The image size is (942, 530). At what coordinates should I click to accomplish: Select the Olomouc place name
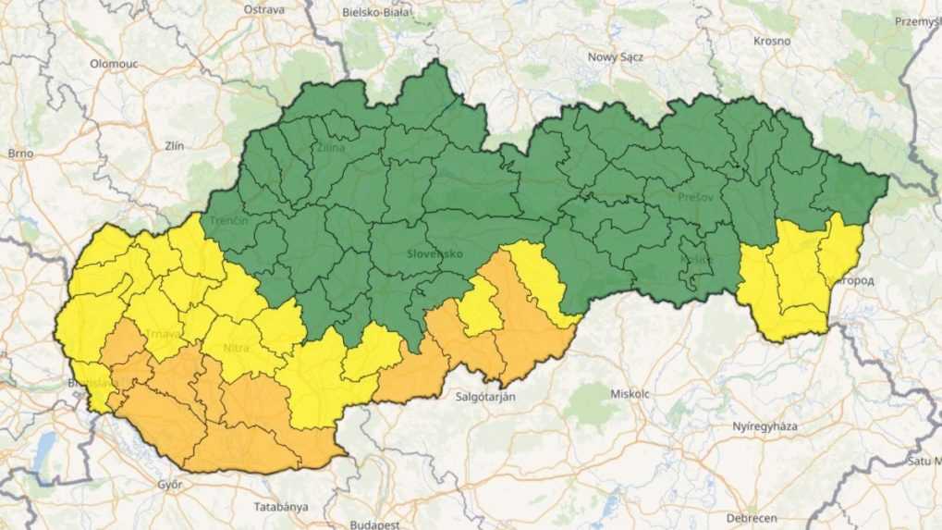click(114, 63)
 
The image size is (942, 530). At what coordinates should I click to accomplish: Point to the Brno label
click(19, 153)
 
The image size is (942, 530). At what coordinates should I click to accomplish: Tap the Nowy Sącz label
click(616, 56)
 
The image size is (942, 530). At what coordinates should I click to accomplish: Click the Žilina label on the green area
click(330, 147)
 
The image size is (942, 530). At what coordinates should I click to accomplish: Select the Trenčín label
click(228, 222)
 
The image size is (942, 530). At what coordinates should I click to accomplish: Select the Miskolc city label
click(630, 394)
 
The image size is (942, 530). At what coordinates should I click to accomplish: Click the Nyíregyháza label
click(766, 426)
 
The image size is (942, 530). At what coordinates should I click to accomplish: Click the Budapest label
click(374, 524)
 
